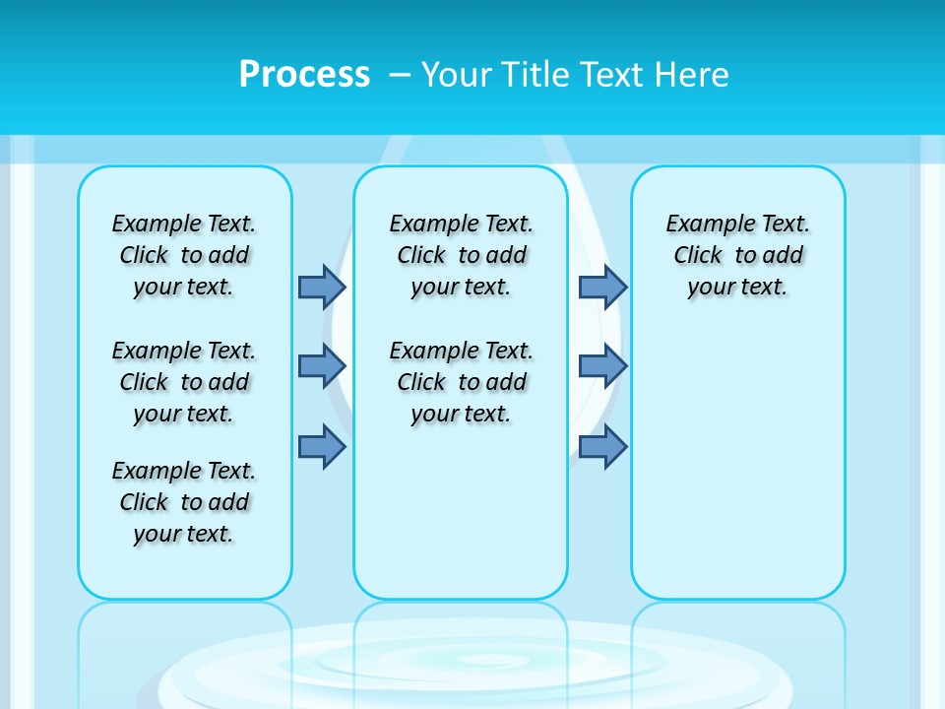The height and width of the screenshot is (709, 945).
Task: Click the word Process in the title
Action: coord(304,74)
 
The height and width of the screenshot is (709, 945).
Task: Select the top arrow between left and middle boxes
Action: coord(322,287)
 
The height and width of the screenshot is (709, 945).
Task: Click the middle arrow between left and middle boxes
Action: coord(322,367)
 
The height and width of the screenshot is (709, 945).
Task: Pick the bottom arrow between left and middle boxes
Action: coord(322,447)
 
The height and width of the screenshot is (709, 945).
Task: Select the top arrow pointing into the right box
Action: coord(602,287)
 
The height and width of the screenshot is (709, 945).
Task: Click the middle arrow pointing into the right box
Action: coord(602,367)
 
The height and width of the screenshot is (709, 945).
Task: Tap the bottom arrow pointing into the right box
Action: coord(602,447)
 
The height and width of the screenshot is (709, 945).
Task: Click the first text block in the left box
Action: coord(184,255)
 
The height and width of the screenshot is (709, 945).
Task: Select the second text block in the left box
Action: coord(184,382)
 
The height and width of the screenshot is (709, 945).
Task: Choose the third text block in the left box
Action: coord(184,502)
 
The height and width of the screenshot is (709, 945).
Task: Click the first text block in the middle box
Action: coord(461,255)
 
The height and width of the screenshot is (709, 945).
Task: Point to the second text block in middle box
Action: coord(461,382)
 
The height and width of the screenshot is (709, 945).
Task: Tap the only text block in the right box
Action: coord(737,255)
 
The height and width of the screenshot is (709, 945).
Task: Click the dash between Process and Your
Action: coord(400,74)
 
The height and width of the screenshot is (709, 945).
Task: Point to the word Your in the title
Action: coord(456,74)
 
